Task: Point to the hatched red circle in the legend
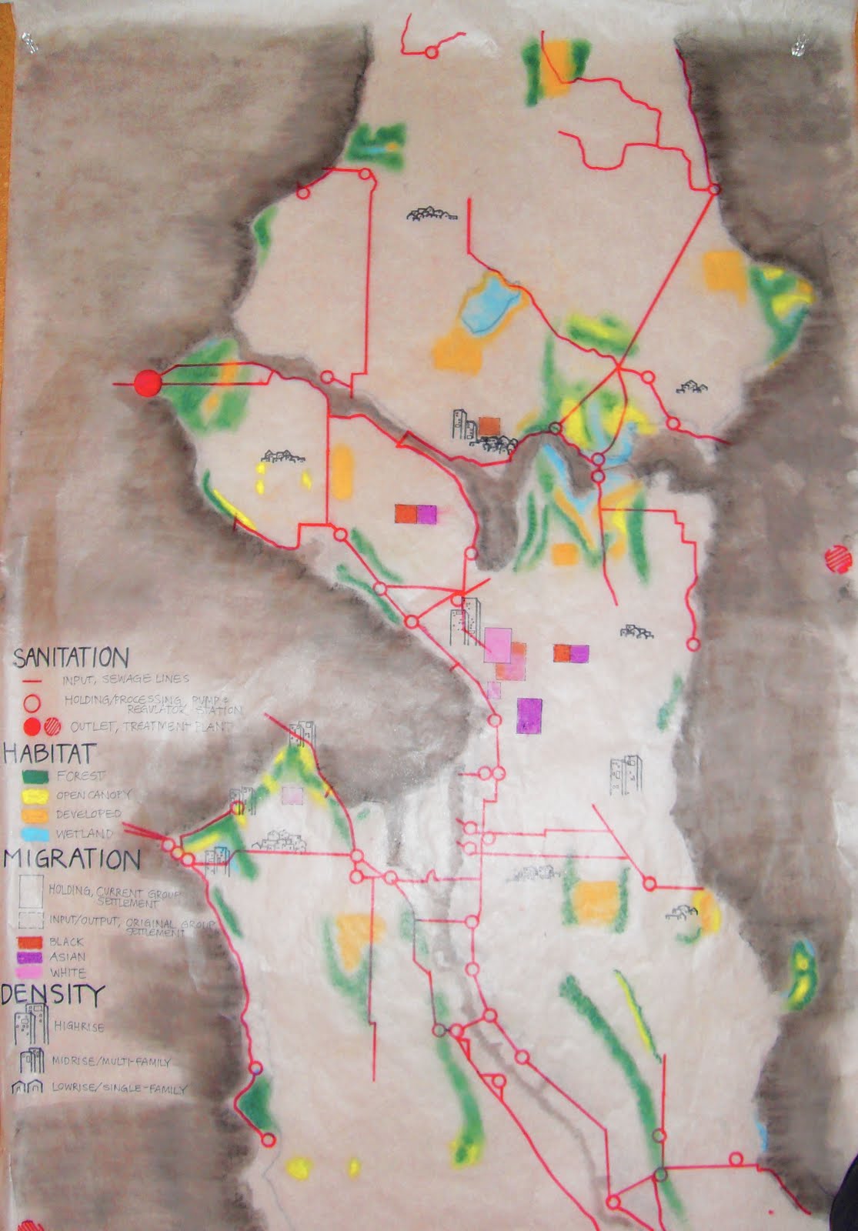click(53, 726)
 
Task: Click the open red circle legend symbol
click(31, 702)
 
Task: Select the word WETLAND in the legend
click(85, 834)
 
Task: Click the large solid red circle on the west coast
click(146, 382)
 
